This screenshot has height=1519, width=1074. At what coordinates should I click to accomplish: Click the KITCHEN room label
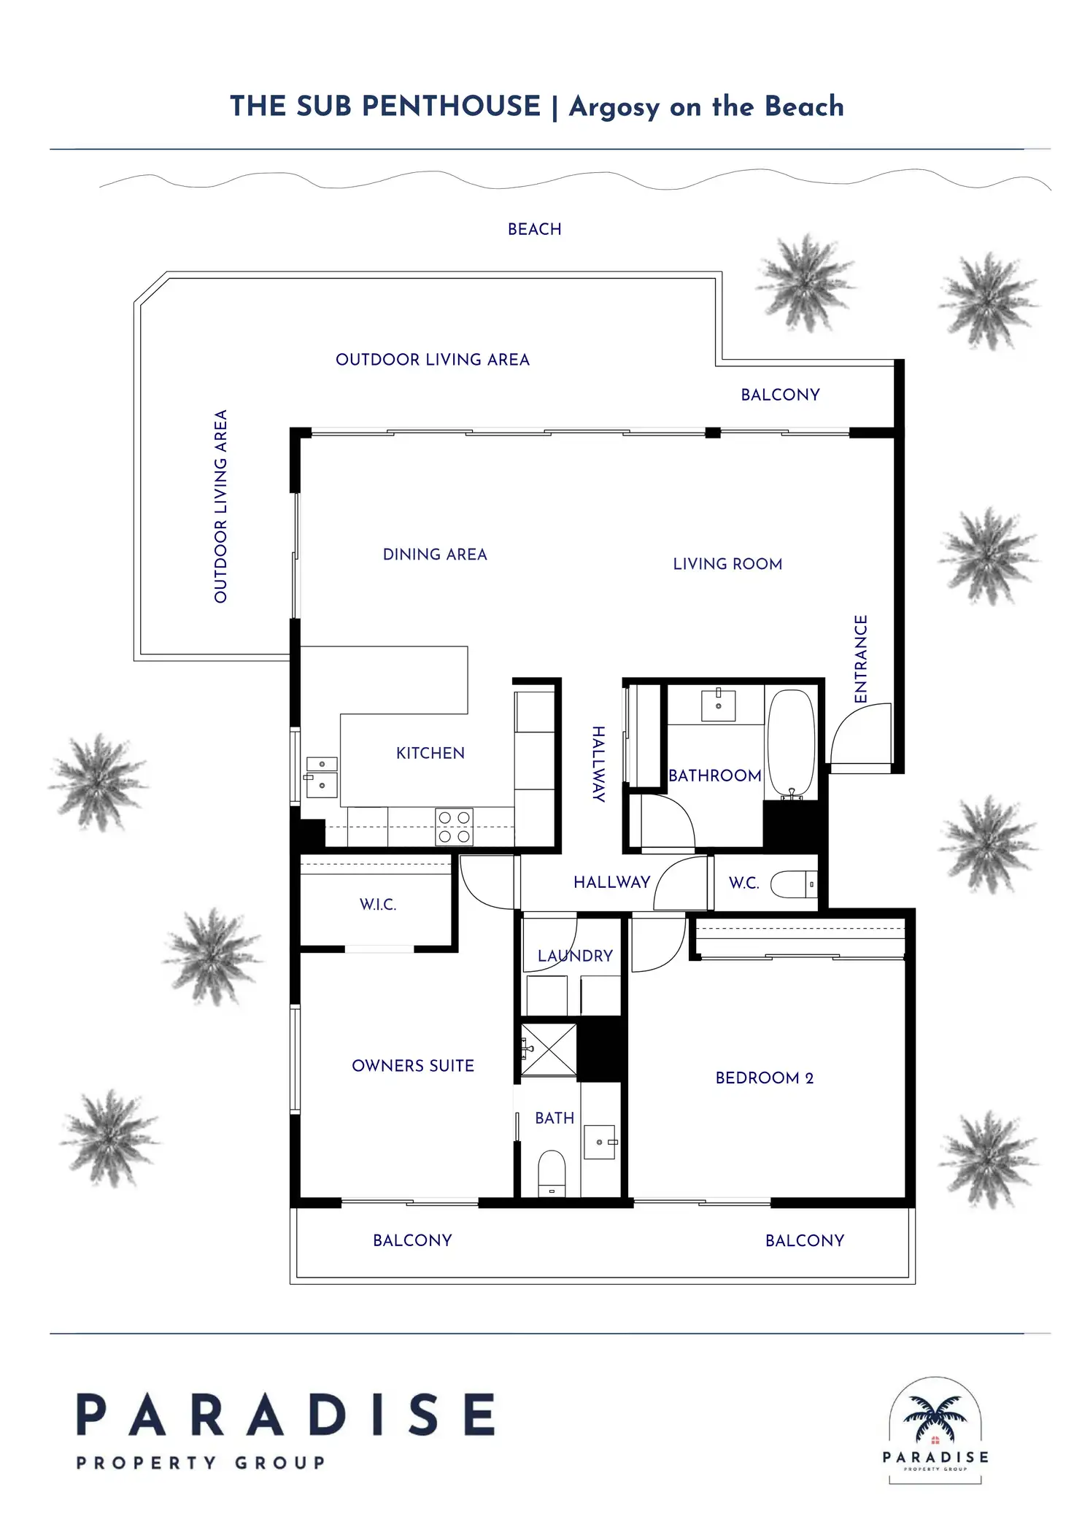click(430, 753)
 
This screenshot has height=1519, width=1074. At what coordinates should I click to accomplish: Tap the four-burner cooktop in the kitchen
click(454, 827)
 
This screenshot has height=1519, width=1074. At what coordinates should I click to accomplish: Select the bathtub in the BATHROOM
click(792, 743)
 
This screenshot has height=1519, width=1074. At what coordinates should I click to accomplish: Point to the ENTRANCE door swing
click(861, 733)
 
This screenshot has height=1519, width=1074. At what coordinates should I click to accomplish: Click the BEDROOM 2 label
click(764, 1078)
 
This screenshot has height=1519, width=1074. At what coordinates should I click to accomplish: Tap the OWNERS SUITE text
click(413, 1066)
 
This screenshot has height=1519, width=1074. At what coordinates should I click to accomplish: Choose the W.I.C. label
click(378, 905)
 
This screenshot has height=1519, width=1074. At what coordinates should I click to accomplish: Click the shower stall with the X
click(549, 1049)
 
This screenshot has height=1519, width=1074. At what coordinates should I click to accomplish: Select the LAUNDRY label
click(575, 956)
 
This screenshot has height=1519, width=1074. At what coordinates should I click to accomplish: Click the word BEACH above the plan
click(535, 229)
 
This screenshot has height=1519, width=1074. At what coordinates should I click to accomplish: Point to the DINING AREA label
click(435, 554)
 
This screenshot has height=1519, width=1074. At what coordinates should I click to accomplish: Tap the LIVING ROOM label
click(727, 564)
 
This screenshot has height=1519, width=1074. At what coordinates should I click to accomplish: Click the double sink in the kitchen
click(322, 778)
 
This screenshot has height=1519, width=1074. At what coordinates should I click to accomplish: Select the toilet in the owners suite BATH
click(552, 1172)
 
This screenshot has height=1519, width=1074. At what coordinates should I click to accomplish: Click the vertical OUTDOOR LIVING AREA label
click(220, 506)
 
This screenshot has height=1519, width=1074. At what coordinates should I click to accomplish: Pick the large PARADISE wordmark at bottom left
click(286, 1415)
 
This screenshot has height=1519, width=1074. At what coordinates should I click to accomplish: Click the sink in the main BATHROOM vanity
click(719, 706)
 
